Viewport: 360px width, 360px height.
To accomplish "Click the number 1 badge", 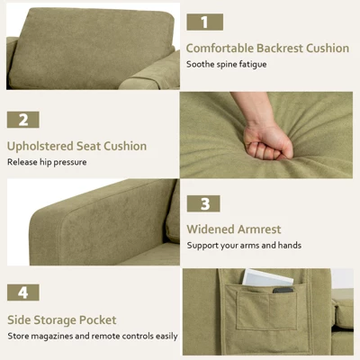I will pos(205,22).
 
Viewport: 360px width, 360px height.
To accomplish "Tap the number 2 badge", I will pos(24,120).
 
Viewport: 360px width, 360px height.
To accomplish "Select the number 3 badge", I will pos(205,204).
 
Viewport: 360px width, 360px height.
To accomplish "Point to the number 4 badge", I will pos(24,293).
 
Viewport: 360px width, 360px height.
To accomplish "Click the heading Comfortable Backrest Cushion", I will pos(267,48).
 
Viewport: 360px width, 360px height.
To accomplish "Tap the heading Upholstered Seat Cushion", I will pos(76,146).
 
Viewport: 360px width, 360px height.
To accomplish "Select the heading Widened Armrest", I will pos(234,229).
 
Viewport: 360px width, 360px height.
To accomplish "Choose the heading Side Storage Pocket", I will pos(62,319).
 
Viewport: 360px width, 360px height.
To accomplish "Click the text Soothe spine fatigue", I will pos(225,65).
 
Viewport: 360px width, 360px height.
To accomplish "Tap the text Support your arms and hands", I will pos(244,246).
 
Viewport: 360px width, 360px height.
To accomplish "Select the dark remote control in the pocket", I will pos(283,289).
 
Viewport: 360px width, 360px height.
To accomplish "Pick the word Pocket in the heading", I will pos(96,319).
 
